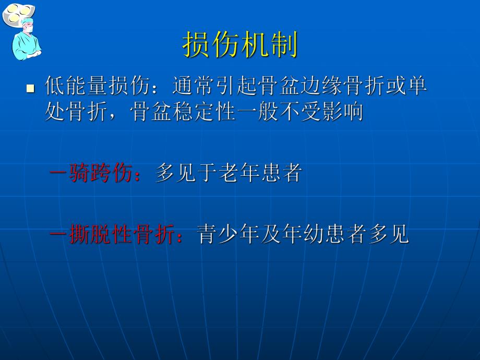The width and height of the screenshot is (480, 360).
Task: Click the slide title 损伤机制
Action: [x=240, y=45]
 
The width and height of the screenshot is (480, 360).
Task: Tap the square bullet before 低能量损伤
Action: [x=30, y=88]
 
